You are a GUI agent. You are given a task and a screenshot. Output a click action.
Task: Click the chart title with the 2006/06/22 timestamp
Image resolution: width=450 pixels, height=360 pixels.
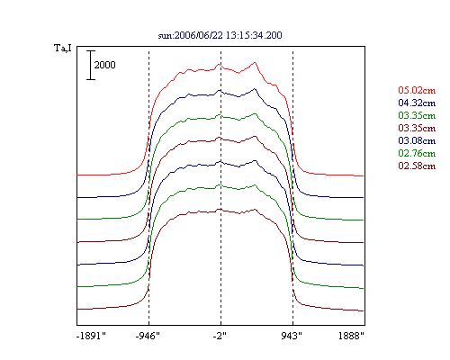click(x=220, y=35)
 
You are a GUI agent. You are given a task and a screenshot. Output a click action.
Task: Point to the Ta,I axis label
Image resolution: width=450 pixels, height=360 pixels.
click(x=63, y=48)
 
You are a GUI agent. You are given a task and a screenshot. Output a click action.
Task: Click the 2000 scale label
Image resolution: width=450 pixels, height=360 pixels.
click(x=104, y=65)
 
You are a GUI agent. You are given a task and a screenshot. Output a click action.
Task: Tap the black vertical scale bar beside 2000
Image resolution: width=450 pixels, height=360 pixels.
click(x=91, y=65)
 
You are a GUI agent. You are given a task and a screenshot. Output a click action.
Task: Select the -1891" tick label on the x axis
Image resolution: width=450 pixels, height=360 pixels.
click(x=91, y=336)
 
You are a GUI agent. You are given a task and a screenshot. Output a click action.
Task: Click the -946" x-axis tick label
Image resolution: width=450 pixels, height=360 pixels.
click(x=148, y=336)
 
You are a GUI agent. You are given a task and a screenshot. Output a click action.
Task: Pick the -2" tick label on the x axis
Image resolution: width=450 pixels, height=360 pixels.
click(x=220, y=336)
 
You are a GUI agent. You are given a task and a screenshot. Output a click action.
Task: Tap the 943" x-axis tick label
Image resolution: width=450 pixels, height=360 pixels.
click(x=292, y=336)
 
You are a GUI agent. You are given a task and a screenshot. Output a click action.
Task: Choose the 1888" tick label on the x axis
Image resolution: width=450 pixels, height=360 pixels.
click(x=351, y=336)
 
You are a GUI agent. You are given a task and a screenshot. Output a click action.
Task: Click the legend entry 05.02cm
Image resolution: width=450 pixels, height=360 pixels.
click(x=417, y=90)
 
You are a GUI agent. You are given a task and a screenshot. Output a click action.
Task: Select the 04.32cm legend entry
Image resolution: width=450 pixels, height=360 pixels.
click(x=417, y=103)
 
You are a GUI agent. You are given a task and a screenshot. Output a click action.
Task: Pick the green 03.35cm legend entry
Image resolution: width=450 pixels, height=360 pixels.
click(x=417, y=115)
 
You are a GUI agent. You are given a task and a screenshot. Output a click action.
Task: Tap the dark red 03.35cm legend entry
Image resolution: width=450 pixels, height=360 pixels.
click(x=417, y=128)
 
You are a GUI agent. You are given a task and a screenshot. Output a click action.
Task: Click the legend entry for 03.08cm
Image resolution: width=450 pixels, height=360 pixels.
click(x=417, y=140)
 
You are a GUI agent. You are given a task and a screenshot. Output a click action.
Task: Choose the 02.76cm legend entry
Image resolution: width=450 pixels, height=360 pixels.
click(x=417, y=153)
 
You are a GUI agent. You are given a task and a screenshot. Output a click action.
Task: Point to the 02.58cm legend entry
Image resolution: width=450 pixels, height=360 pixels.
click(x=417, y=166)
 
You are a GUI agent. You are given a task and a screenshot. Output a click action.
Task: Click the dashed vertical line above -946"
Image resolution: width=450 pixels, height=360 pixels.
click(x=148, y=187)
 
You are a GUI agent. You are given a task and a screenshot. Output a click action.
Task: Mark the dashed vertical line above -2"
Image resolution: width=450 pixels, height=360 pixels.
click(x=220, y=187)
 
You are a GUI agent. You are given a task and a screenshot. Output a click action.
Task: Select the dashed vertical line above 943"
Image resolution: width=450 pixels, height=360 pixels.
click(x=292, y=187)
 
